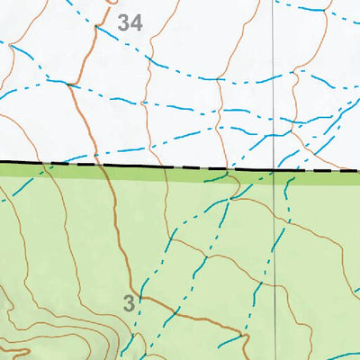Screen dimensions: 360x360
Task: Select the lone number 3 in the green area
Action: coord(130,303)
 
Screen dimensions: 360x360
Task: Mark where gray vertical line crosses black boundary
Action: coord(273,168)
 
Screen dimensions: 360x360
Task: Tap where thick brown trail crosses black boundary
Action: coord(102,165)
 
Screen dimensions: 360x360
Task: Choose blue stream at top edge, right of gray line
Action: coord(310,8)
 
